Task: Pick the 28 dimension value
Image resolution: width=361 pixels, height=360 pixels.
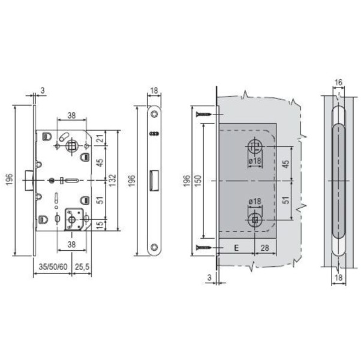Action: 264,247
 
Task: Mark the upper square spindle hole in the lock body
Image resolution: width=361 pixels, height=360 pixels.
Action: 73,145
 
